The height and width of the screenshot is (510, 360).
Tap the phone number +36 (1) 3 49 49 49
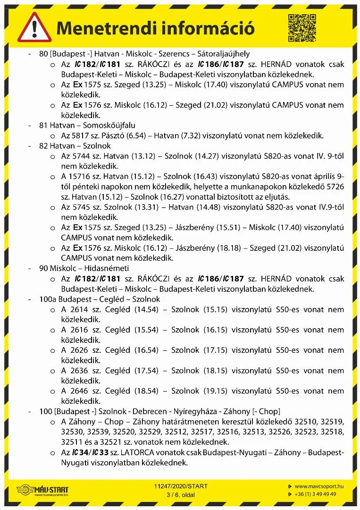coord(316,494)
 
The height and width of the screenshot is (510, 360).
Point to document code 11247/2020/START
coord(181,486)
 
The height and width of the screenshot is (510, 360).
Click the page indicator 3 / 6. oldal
coord(181,494)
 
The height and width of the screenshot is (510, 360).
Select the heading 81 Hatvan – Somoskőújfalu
coord(87,125)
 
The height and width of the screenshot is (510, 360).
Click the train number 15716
coord(81,176)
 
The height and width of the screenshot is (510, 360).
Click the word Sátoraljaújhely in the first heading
coord(222,54)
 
